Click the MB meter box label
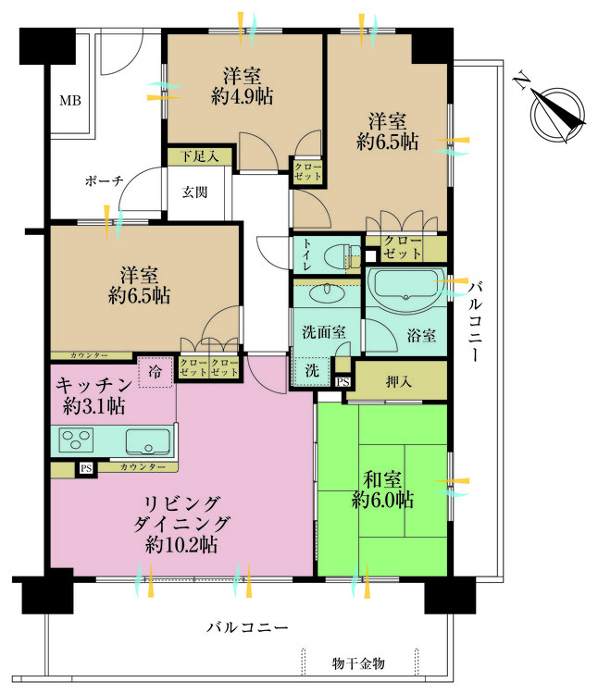coord(70,101)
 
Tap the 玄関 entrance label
coord(194,192)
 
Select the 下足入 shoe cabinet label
coord(200,156)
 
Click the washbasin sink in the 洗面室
coord(328,292)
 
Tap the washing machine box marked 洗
coord(312,370)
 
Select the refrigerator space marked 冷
coord(156,372)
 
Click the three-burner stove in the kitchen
coord(77,440)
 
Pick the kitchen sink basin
coord(148,441)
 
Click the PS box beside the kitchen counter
coord(86,468)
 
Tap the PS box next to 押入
coord(343,381)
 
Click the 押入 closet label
coord(398,381)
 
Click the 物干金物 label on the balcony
coord(358,663)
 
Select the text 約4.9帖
coord(243,96)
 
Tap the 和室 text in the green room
coord(382,479)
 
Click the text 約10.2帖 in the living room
coord(181,545)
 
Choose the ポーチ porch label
coord(104,181)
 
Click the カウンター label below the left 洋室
coord(89,355)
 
